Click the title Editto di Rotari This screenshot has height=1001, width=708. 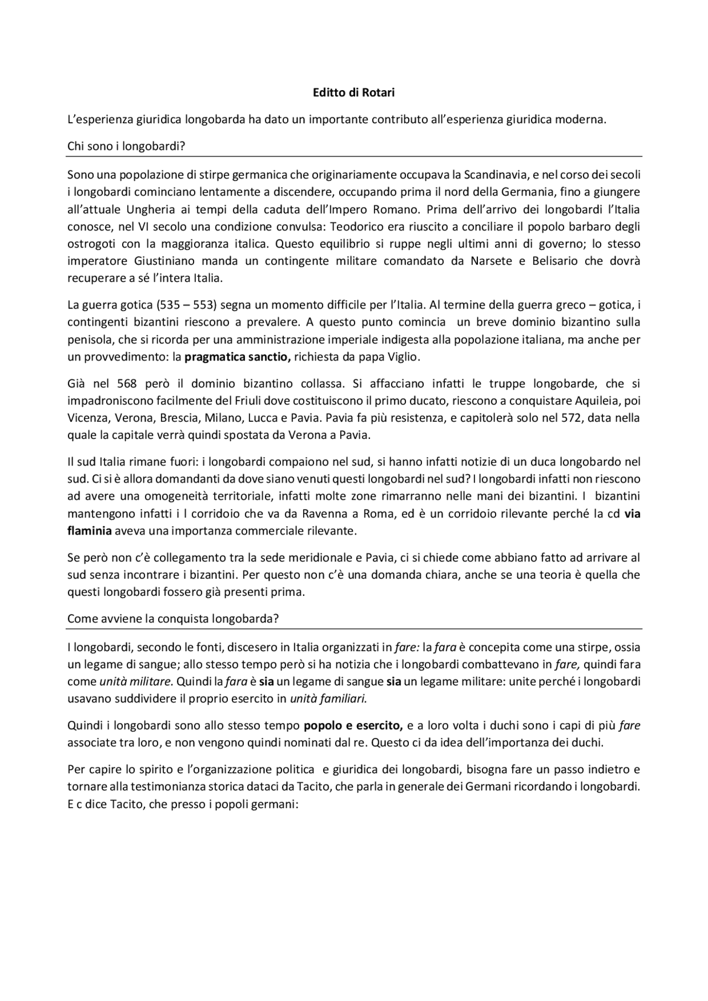pyautogui.click(x=353, y=93)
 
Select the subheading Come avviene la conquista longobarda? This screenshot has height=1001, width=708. pyautogui.click(x=173, y=619)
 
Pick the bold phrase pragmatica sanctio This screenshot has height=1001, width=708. pyautogui.click(x=237, y=357)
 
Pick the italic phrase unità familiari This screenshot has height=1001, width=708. pyautogui.click(x=329, y=699)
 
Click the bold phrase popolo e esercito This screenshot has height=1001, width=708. pyautogui.click(x=353, y=725)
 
